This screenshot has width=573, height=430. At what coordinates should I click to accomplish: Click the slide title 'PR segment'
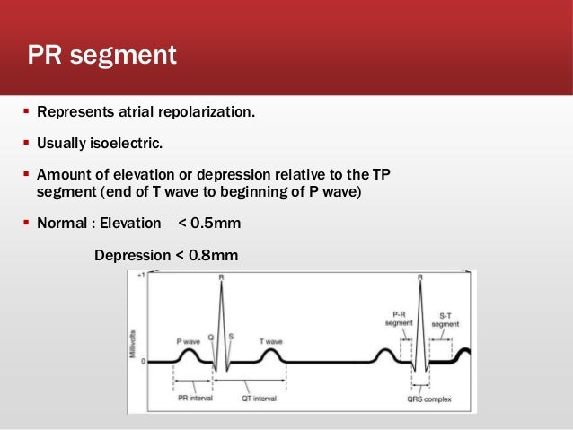pos(101,55)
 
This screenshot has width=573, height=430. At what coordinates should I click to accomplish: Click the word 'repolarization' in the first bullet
pos(208,113)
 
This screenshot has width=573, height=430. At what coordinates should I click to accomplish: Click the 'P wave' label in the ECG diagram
pos(188,342)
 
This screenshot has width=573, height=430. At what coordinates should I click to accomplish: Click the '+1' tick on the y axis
pos(140,276)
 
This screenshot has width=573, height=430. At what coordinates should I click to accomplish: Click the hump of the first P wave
pos(190,353)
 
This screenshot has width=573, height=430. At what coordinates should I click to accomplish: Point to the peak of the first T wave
pos(272,352)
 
